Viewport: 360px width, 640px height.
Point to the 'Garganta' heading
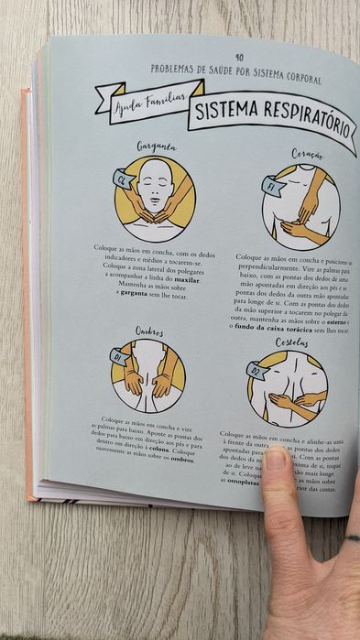pyautogui.click(x=157, y=146)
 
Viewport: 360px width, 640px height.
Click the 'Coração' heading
pyautogui.click(x=307, y=156)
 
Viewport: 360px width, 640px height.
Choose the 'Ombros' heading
pyautogui.click(x=149, y=332)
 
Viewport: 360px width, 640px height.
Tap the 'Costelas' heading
pyautogui.click(x=292, y=342)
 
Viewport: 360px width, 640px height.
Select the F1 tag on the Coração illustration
pyautogui.click(x=270, y=185)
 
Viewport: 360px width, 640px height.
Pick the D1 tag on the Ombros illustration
pyautogui.click(x=118, y=355)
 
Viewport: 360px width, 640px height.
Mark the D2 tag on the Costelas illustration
pyautogui.click(x=256, y=370)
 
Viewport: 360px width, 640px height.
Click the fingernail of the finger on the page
pyautogui.click(x=276, y=458)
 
